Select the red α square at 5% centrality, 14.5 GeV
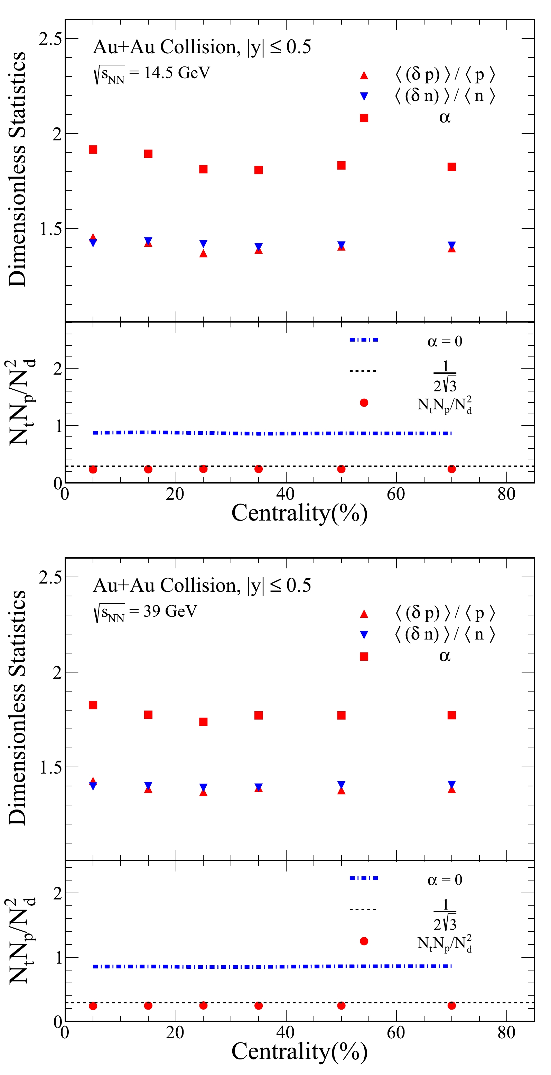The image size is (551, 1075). point(93,150)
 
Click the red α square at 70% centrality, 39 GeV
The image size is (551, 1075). point(451,715)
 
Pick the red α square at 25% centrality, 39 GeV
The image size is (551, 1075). point(203,722)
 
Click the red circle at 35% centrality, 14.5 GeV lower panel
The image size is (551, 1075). point(259,469)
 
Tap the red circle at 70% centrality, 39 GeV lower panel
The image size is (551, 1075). point(451,1006)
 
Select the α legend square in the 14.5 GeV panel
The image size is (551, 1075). point(364,118)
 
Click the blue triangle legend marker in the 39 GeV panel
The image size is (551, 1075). point(364,635)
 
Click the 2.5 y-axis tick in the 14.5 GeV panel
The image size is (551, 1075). point(50,39)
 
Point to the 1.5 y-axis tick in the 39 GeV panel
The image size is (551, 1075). point(50,767)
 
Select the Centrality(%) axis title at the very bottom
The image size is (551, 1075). point(299,1051)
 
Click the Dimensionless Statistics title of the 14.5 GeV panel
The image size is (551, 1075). point(18,169)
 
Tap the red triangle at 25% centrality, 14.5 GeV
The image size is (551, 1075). point(203,253)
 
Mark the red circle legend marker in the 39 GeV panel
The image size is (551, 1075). point(364,941)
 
